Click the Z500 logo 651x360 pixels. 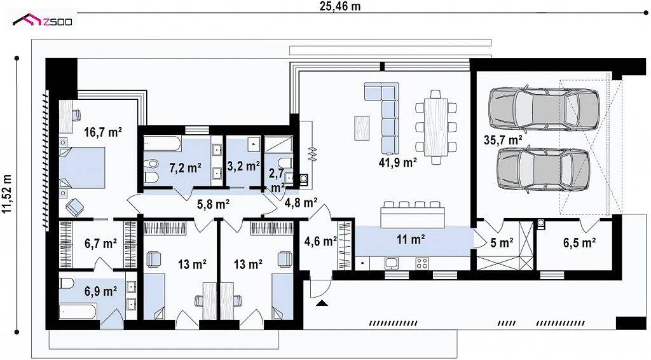point(42,20)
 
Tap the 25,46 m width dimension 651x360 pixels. point(340,6)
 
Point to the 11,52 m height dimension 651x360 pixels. point(7,194)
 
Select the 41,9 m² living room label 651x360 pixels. point(397,162)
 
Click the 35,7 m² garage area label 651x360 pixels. point(503,140)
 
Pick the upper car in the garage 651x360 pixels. point(544,107)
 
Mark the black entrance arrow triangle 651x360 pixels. point(322,303)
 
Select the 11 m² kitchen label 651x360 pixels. point(411,240)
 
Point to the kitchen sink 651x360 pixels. point(392,263)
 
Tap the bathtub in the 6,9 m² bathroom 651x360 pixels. point(78,312)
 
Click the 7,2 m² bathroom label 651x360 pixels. point(185,168)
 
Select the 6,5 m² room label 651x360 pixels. point(580,242)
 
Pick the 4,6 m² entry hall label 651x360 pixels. point(320,241)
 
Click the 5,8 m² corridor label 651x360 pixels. point(214,204)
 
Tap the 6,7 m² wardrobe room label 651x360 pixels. point(101,244)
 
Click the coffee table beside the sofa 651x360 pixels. point(362,128)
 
